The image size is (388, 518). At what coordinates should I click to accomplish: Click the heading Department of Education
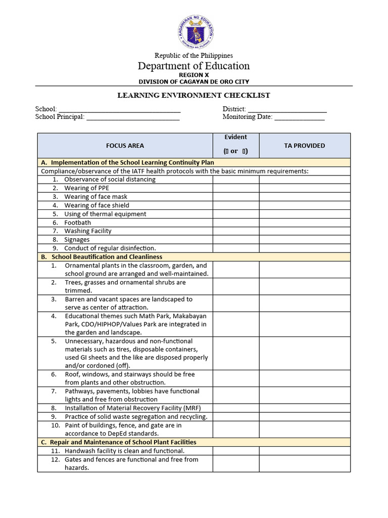click(194, 66)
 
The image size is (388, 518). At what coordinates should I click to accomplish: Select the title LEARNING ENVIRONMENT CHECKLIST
click(194, 95)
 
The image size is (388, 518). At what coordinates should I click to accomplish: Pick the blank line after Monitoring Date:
click(299, 118)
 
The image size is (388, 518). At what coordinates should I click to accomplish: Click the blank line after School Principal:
click(133, 118)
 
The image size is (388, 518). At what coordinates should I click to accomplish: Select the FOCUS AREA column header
click(125, 146)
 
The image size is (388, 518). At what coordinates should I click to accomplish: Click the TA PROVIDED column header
click(305, 146)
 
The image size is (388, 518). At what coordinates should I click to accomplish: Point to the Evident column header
click(236, 137)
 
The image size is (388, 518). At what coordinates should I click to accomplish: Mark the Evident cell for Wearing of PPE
click(236, 188)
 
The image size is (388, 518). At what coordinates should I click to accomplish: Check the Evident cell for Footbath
click(236, 223)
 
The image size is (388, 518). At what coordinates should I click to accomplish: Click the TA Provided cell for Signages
click(305, 239)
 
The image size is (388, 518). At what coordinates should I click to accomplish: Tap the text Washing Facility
click(88, 231)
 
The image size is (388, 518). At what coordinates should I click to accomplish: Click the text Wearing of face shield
click(96, 205)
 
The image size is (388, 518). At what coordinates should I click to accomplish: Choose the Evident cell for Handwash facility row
click(236, 451)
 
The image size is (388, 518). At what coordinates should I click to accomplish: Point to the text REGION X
click(194, 75)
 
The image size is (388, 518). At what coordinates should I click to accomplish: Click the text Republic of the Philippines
click(194, 55)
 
